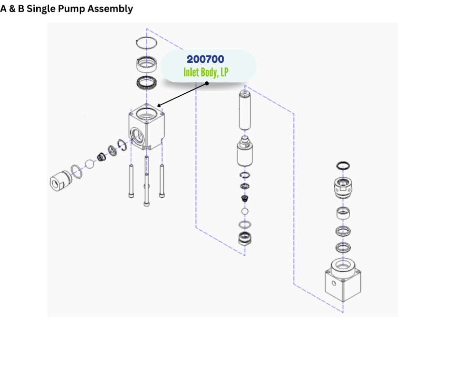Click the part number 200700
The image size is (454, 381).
pos(205,59)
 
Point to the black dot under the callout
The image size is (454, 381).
pos(207,83)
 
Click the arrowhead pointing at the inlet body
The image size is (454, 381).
pos(159,105)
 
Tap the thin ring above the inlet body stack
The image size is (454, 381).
pos(146,43)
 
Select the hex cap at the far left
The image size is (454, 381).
pos(60,180)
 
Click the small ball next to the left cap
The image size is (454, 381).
pos(89,164)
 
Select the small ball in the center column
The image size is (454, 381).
pos(245,211)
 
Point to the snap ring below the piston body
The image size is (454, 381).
pos(245,175)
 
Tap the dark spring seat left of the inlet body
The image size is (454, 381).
pos(101,157)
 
